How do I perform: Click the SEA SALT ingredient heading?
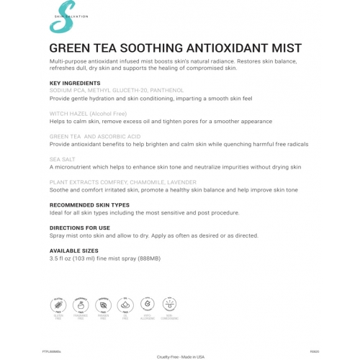pos(63,159)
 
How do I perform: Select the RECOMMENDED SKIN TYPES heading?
pos(89,205)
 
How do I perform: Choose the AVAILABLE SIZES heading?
pos(74,251)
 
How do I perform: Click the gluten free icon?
pos(57,305)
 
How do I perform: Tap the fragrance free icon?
pos(80,305)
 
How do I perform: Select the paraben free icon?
pos(103,305)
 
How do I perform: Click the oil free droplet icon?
pos(126,305)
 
